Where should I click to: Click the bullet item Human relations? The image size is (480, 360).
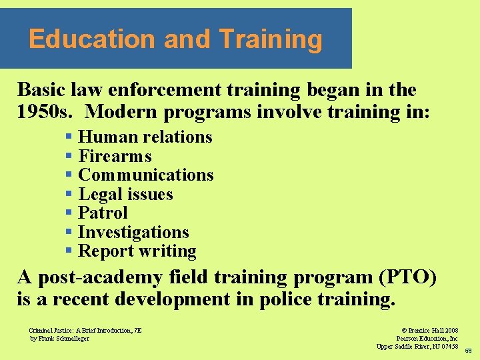(x=145, y=137)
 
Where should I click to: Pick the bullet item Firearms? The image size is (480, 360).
(x=115, y=157)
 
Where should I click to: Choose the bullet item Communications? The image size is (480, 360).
(x=145, y=175)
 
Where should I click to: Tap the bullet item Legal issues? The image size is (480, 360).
(x=125, y=195)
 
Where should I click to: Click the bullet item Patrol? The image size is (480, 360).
(x=103, y=213)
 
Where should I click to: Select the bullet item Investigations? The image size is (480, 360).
(x=133, y=233)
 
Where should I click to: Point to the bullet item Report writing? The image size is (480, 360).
(x=137, y=251)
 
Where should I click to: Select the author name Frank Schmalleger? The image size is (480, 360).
(x=64, y=338)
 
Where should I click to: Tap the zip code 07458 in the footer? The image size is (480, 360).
(x=447, y=346)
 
